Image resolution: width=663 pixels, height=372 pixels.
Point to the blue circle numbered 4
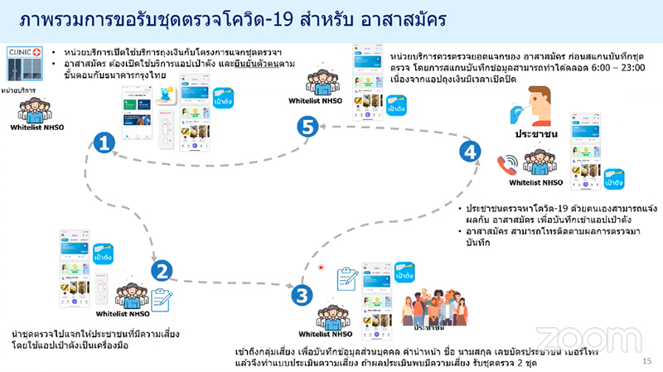(x=470, y=152)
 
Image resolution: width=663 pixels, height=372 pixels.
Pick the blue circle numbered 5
(x=307, y=127)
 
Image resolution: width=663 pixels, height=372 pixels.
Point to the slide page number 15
(x=646, y=362)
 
